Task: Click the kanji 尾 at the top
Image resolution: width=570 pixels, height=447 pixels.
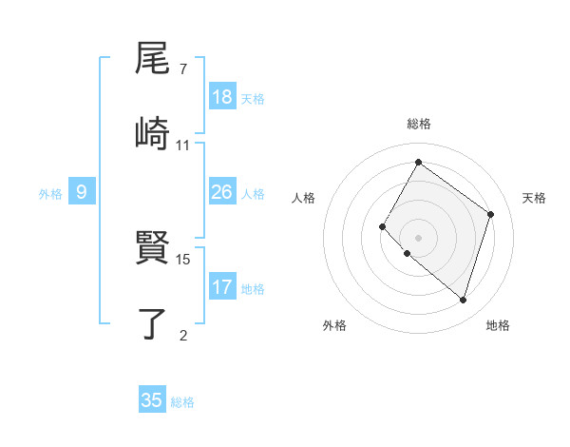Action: tap(153, 59)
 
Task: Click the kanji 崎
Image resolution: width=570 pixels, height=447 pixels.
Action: tap(153, 132)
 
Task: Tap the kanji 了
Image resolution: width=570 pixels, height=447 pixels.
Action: tap(153, 322)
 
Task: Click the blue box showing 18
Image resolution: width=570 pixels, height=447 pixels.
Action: tap(222, 97)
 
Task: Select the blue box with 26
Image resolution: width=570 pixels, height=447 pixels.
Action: tap(222, 192)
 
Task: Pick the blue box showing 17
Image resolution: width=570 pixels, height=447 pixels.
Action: tap(222, 286)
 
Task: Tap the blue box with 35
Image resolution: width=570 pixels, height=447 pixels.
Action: tap(152, 400)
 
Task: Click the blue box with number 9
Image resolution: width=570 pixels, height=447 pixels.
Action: tap(82, 192)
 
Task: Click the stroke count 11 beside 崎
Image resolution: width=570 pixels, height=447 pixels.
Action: tap(182, 145)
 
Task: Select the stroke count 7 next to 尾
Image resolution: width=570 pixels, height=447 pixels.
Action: tap(182, 69)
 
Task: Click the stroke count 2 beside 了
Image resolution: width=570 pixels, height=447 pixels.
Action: tap(182, 334)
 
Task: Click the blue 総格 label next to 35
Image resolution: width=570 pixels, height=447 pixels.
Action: tap(182, 402)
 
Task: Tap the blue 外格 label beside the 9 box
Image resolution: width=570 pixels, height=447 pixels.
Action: tap(50, 194)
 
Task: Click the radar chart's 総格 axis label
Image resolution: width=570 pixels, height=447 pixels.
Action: tap(418, 124)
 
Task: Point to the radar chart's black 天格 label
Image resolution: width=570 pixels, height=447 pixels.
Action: tap(534, 198)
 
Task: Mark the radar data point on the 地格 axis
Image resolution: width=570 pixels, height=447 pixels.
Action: tap(463, 301)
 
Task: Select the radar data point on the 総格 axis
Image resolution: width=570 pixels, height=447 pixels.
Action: tap(418, 162)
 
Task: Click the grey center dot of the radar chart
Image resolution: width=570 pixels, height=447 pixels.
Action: tap(418, 237)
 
